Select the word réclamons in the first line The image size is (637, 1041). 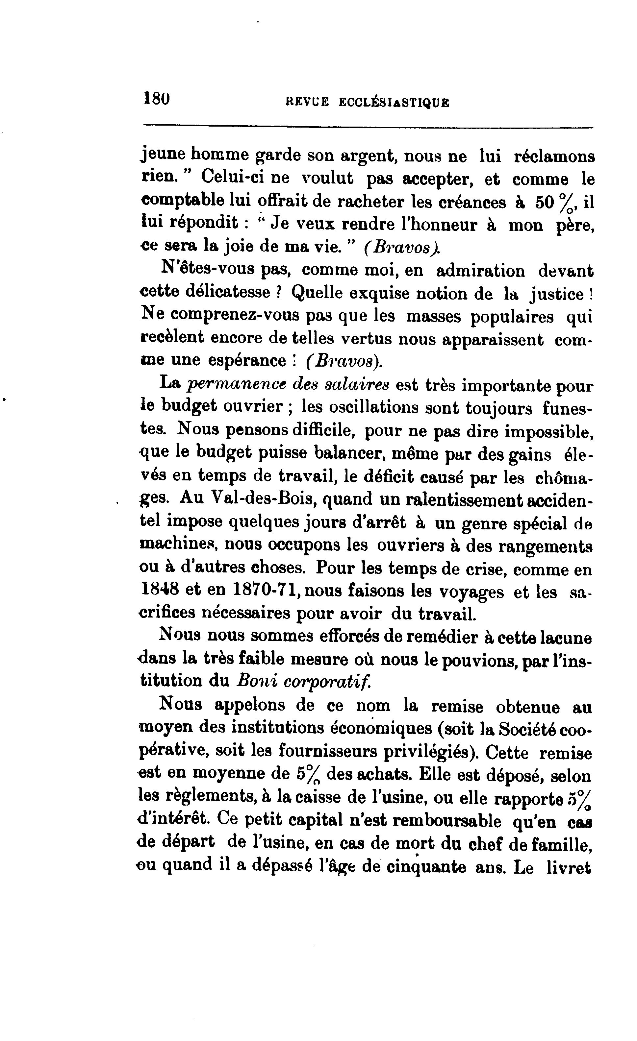554,157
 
